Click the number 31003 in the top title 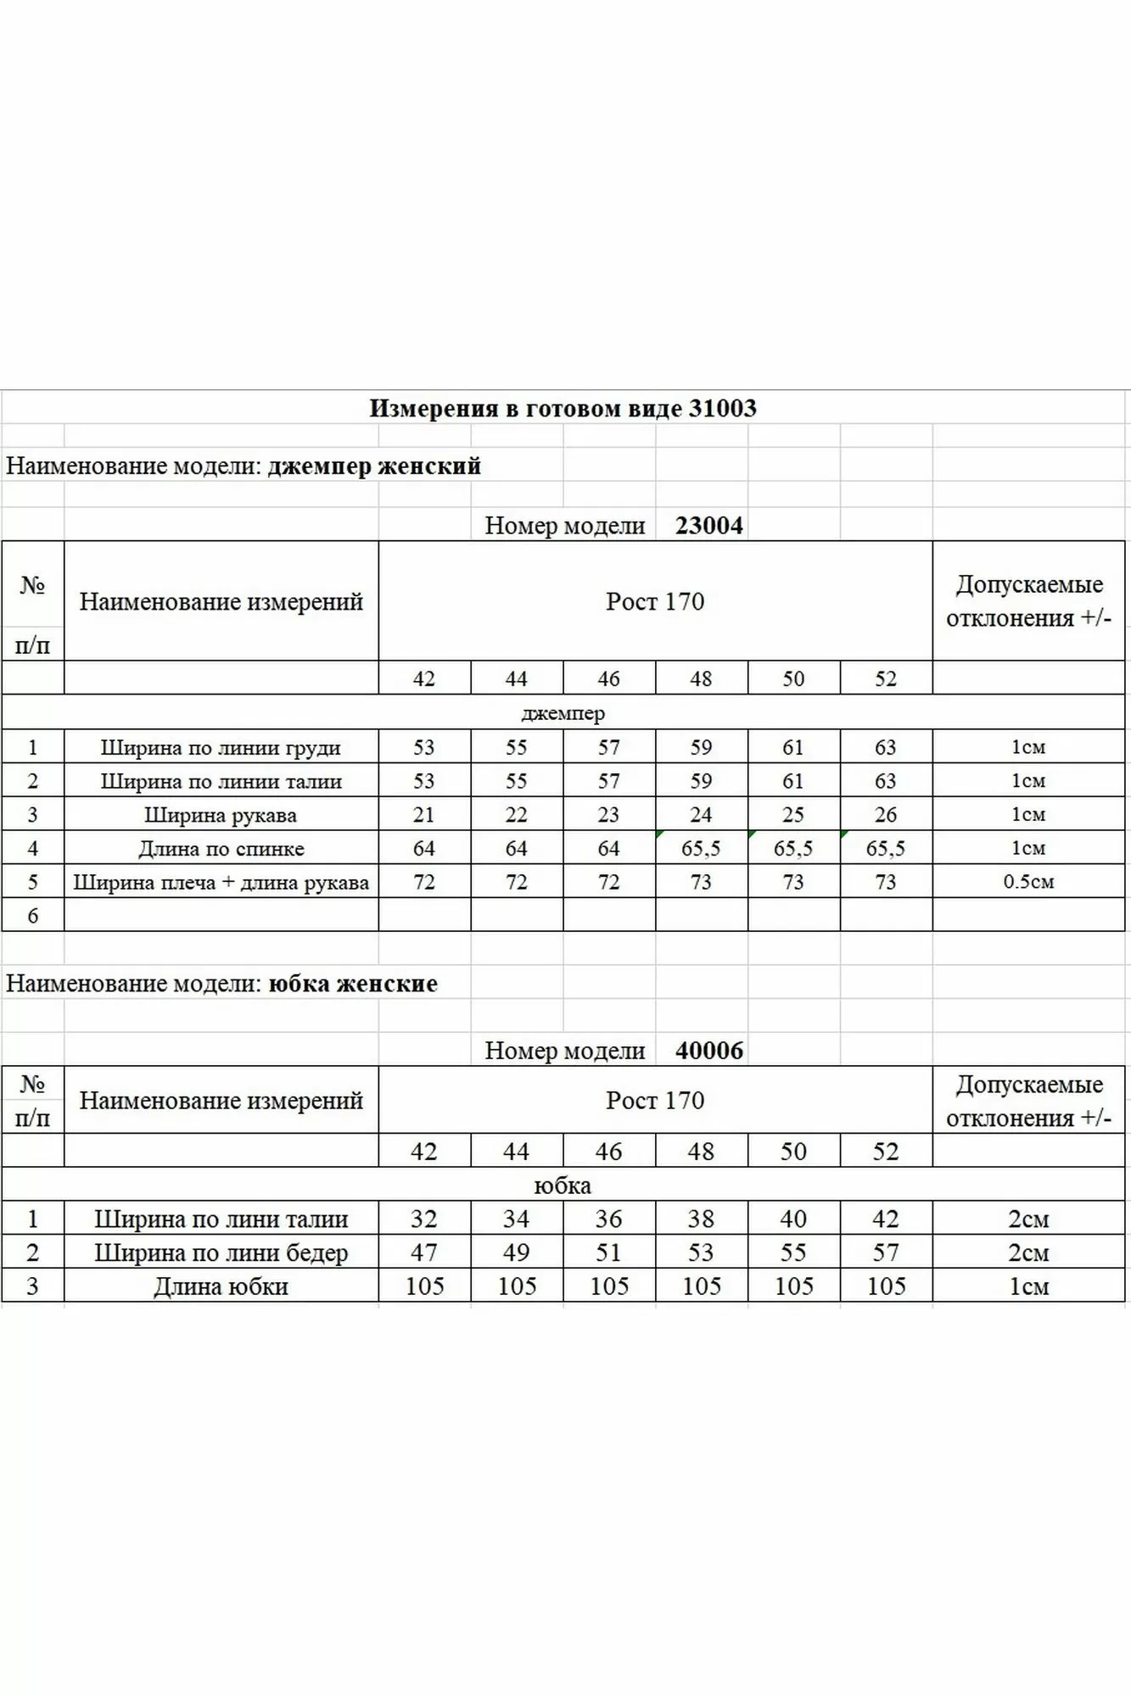[722, 409]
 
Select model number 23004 [709, 526]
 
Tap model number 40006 [709, 1051]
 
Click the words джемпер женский [374, 466]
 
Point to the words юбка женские [353, 984]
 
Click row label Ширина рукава [221, 816]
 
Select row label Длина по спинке [221, 849]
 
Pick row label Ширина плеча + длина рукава [221, 883]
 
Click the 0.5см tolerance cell [1028, 882]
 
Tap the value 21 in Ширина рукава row [423, 815]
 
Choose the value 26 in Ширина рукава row [886, 815]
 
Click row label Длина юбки [221, 1286]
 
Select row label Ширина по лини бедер [221, 1252]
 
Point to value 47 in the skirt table [423, 1252]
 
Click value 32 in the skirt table [423, 1219]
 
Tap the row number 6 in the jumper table [33, 916]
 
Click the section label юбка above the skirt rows [563, 1186]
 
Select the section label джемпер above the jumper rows [563, 713]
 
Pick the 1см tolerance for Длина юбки [1028, 1286]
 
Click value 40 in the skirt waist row [793, 1219]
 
